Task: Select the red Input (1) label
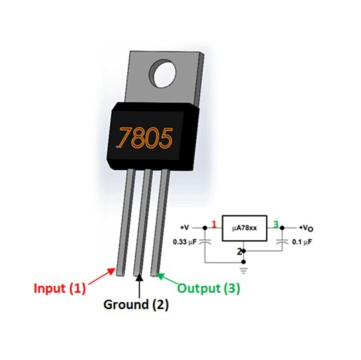click(x=60, y=288)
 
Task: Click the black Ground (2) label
click(x=136, y=305)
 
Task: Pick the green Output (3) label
click(x=209, y=288)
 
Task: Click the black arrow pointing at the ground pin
click(x=139, y=285)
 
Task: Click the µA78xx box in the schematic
click(x=244, y=228)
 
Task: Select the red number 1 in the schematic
click(x=215, y=225)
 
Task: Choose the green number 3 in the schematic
click(x=276, y=224)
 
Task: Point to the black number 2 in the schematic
click(x=240, y=252)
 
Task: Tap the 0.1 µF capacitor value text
click(x=302, y=242)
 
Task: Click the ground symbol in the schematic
click(x=244, y=270)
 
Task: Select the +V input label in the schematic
click(x=185, y=228)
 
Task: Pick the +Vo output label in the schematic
click(x=306, y=228)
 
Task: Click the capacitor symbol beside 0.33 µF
click(x=205, y=241)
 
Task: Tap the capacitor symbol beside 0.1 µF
click(x=282, y=241)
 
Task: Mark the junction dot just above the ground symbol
click(x=244, y=262)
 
